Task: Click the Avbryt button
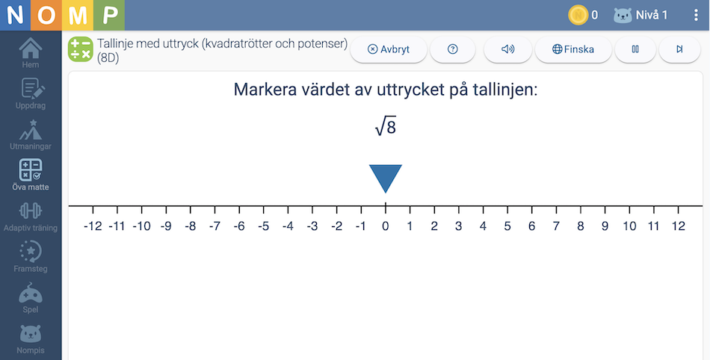389,49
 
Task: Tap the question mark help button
452,49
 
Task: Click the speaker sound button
508,49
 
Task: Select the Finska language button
573,49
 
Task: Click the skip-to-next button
679,49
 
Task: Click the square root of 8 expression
386,127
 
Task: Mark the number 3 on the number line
459,226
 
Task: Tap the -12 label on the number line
93,226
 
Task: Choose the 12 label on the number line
679,226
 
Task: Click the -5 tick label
264,226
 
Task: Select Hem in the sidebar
31,53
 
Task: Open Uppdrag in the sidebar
31,93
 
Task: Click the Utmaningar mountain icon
31,130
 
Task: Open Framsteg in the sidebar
31,257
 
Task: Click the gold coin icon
578,16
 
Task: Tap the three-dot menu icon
696,16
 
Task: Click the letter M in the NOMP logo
78,16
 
